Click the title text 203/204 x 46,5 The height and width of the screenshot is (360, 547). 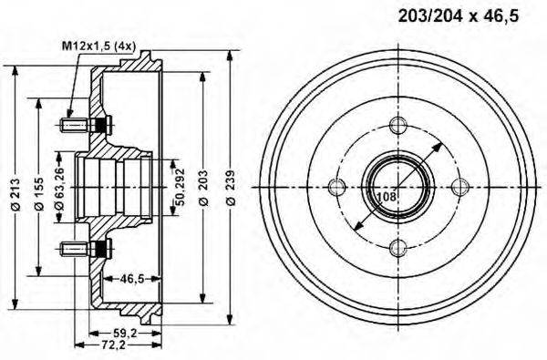click(x=459, y=16)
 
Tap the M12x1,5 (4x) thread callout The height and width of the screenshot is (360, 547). click(x=98, y=46)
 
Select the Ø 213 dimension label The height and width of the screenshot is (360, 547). click(x=16, y=195)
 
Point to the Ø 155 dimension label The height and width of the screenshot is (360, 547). click(x=39, y=195)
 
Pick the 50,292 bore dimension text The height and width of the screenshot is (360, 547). click(x=180, y=187)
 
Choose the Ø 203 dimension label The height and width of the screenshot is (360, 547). click(x=203, y=188)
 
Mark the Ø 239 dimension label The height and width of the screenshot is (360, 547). click(x=231, y=188)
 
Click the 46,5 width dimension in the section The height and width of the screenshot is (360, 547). click(x=132, y=278)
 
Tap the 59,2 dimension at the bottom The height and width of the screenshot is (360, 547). click(x=126, y=334)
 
